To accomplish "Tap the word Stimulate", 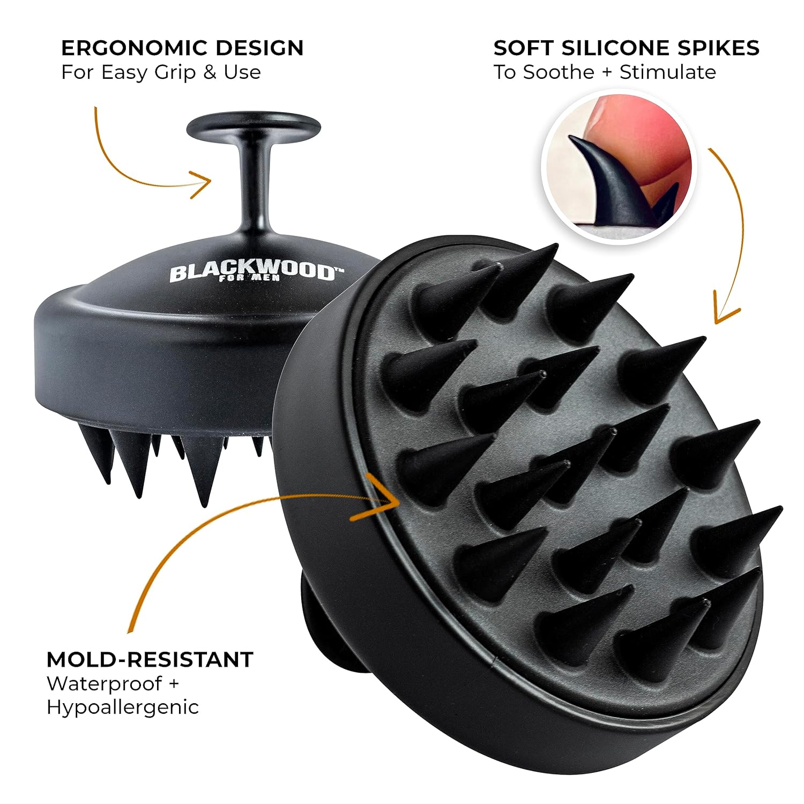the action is pos(668,72).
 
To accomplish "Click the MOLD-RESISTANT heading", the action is pos(150,659).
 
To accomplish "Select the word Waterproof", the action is pos(105,684).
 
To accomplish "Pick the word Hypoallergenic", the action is pos(123,708).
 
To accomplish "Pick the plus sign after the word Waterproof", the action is pos(172,684).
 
